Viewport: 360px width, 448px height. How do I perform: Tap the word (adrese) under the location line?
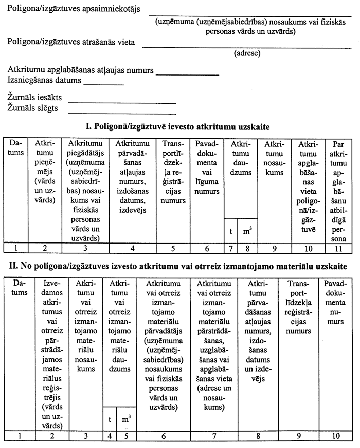point(247,53)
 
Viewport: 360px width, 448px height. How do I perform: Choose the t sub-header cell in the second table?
point(110,419)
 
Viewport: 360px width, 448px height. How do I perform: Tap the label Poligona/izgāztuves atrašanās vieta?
point(71,42)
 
